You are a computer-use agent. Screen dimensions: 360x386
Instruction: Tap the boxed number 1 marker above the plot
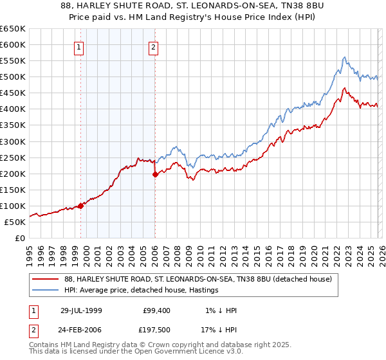point(78,46)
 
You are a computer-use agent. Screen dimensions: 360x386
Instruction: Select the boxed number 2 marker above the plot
point(154,46)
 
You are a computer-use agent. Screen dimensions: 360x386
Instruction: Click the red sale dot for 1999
point(81,206)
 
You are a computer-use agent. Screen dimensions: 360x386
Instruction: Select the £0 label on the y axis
point(19,238)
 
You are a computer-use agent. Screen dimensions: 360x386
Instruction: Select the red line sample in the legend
point(45,280)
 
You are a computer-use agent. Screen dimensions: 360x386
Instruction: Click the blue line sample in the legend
point(45,291)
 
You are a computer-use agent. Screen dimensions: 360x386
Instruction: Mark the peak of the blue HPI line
point(345,57)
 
